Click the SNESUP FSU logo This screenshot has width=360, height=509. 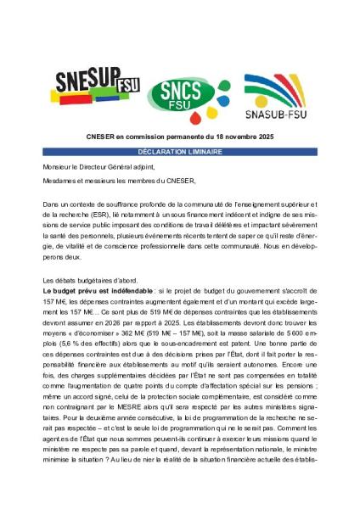tap(90, 84)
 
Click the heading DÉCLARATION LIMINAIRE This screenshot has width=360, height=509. tap(179, 151)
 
